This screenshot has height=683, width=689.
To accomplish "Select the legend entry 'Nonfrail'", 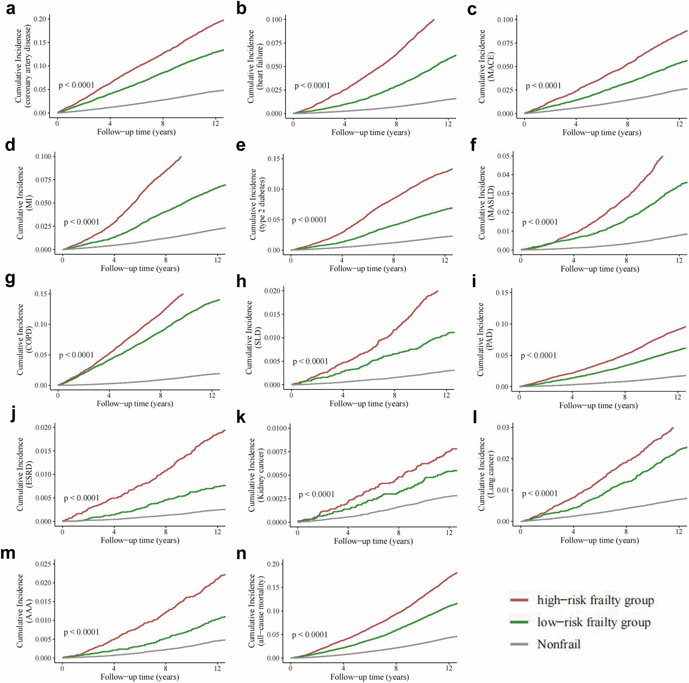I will tap(558, 644).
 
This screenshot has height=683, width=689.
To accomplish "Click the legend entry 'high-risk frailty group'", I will tap(595, 600).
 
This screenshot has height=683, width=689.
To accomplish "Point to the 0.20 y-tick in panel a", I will tap(40, 19).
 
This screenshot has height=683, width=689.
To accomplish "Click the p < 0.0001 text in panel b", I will tap(312, 86).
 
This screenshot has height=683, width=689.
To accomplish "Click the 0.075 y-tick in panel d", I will tap(43, 180).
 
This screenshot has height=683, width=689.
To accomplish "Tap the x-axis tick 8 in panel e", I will tap(393, 261).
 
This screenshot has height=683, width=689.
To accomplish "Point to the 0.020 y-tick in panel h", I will tap(272, 291).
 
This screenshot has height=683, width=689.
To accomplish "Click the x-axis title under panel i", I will tap(598, 405).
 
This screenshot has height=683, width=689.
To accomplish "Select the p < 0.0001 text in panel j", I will tap(81, 498).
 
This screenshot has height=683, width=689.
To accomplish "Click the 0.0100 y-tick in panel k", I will tap(277, 428).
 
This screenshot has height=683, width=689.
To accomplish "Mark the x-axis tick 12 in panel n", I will tap(448, 668).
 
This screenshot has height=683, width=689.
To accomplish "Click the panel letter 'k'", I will tap(241, 417).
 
